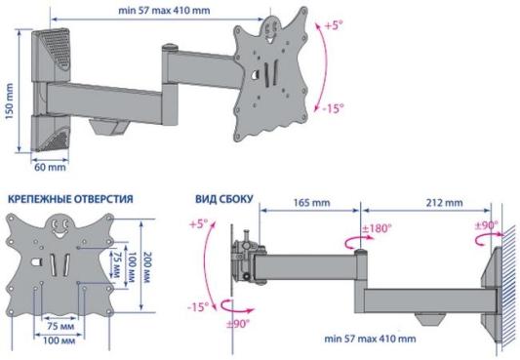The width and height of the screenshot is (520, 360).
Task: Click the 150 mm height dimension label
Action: (10, 101)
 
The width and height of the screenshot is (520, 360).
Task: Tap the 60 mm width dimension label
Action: (50, 167)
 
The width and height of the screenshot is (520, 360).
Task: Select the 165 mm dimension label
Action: (312, 202)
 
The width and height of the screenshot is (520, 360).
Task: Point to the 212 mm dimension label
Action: (444, 202)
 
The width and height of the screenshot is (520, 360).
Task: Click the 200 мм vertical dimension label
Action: (146, 266)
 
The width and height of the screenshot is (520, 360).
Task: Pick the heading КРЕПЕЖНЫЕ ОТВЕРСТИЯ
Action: (70, 199)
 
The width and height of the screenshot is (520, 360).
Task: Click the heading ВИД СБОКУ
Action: (223, 199)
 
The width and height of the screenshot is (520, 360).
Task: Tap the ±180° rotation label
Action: (377, 228)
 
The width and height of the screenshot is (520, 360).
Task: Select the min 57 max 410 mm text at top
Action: (164, 11)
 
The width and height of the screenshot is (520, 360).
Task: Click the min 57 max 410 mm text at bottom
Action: (370, 339)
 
